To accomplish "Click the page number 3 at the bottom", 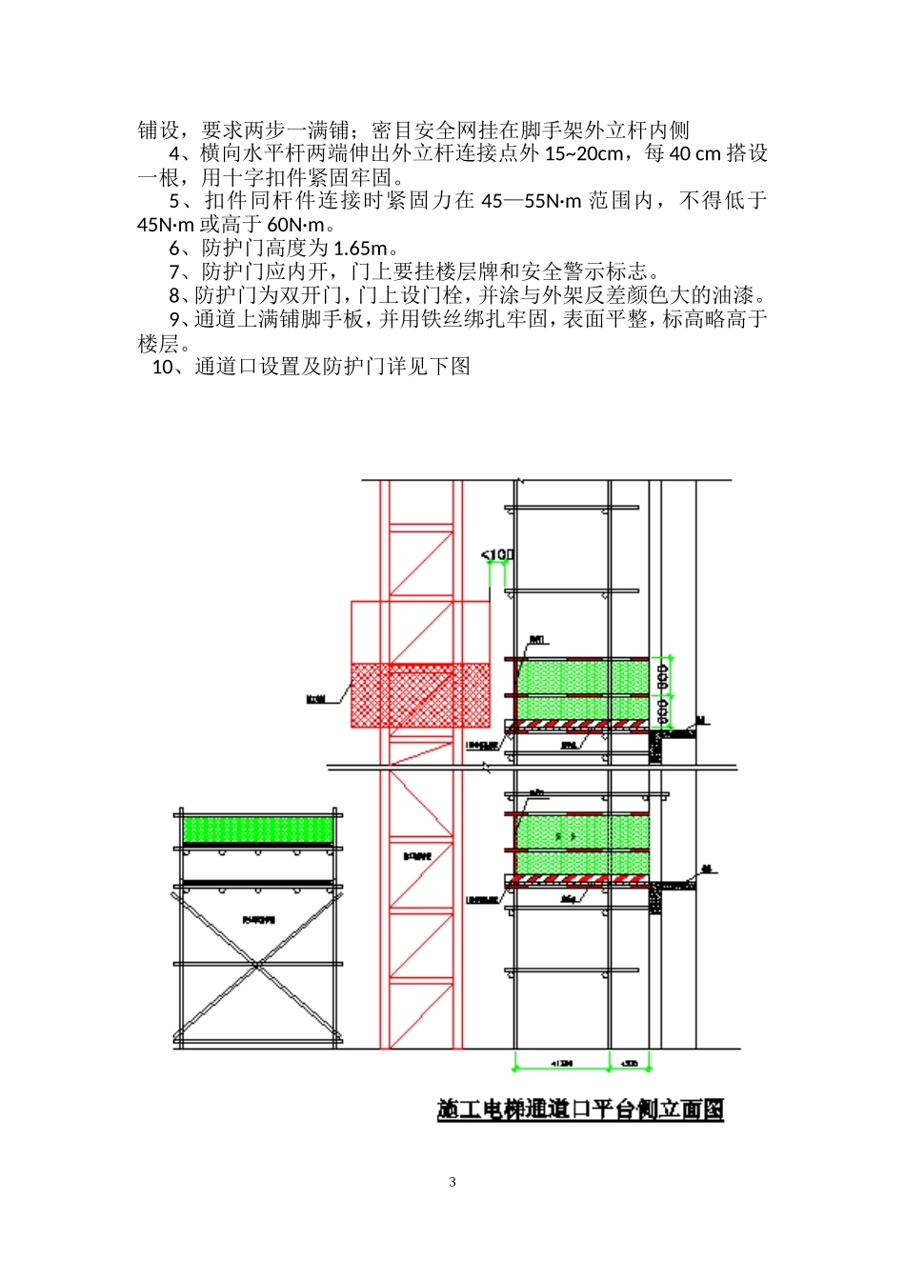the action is [452, 1182].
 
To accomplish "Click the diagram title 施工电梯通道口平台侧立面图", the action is [580, 1110].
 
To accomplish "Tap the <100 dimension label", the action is [497, 554].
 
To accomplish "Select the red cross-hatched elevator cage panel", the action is [420, 695].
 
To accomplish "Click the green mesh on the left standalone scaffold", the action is [258, 829].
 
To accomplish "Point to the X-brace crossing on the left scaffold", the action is [257, 965].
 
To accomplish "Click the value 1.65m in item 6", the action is [360, 249].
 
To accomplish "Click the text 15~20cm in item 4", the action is [584, 153].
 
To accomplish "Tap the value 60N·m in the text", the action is [295, 225].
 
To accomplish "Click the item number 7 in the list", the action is [175, 272].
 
